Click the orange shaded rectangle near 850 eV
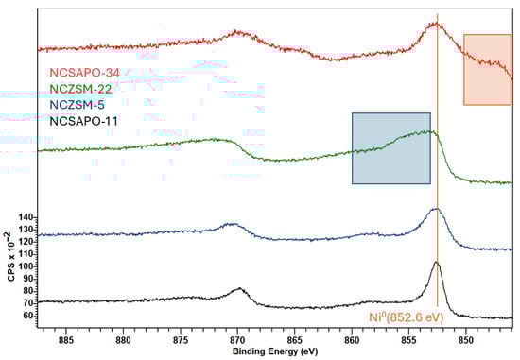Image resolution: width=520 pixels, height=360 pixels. click(x=487, y=70)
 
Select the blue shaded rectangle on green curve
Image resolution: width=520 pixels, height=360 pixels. click(x=390, y=147)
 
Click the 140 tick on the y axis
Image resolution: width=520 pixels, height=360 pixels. click(x=26, y=217)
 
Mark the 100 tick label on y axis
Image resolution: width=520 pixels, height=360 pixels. click(x=26, y=266)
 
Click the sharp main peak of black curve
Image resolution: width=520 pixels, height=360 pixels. click(x=437, y=263)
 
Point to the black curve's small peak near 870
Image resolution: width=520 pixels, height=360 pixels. click(x=239, y=289)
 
